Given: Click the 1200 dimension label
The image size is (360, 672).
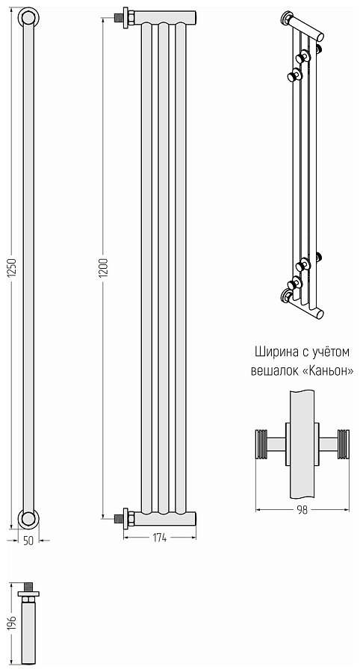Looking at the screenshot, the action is coord(103,268).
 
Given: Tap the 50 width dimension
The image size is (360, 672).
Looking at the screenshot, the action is coord(28,541).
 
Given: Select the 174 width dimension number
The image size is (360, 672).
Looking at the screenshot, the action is coord(159,538).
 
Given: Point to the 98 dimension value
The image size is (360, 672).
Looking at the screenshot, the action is coord(302,511).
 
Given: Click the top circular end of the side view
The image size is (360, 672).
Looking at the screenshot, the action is coord(28,18).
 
